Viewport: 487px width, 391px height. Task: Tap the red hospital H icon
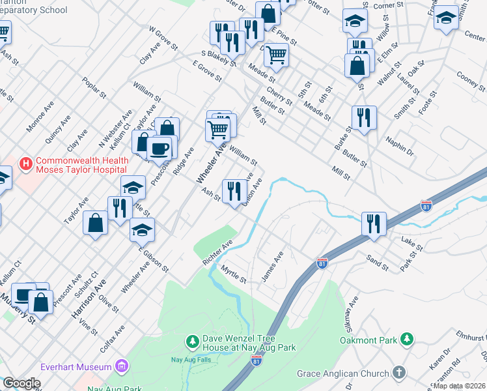coord(26,162)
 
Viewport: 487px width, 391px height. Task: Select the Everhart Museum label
coord(76,367)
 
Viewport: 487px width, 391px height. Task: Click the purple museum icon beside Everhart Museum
coord(122,367)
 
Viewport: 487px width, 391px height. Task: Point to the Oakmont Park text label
coord(369,340)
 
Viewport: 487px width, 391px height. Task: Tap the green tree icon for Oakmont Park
coord(406,339)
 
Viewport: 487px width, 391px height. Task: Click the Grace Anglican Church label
coord(342,373)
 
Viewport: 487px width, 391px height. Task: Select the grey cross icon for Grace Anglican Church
coord(398,373)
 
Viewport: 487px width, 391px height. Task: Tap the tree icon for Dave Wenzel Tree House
coord(192,341)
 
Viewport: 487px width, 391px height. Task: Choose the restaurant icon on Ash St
coord(234,191)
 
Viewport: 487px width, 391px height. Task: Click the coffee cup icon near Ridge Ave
coord(160,149)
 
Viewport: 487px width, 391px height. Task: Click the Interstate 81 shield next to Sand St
coord(322,263)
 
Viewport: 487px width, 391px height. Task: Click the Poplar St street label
coord(94,87)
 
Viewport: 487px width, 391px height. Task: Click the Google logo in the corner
coord(21,383)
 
